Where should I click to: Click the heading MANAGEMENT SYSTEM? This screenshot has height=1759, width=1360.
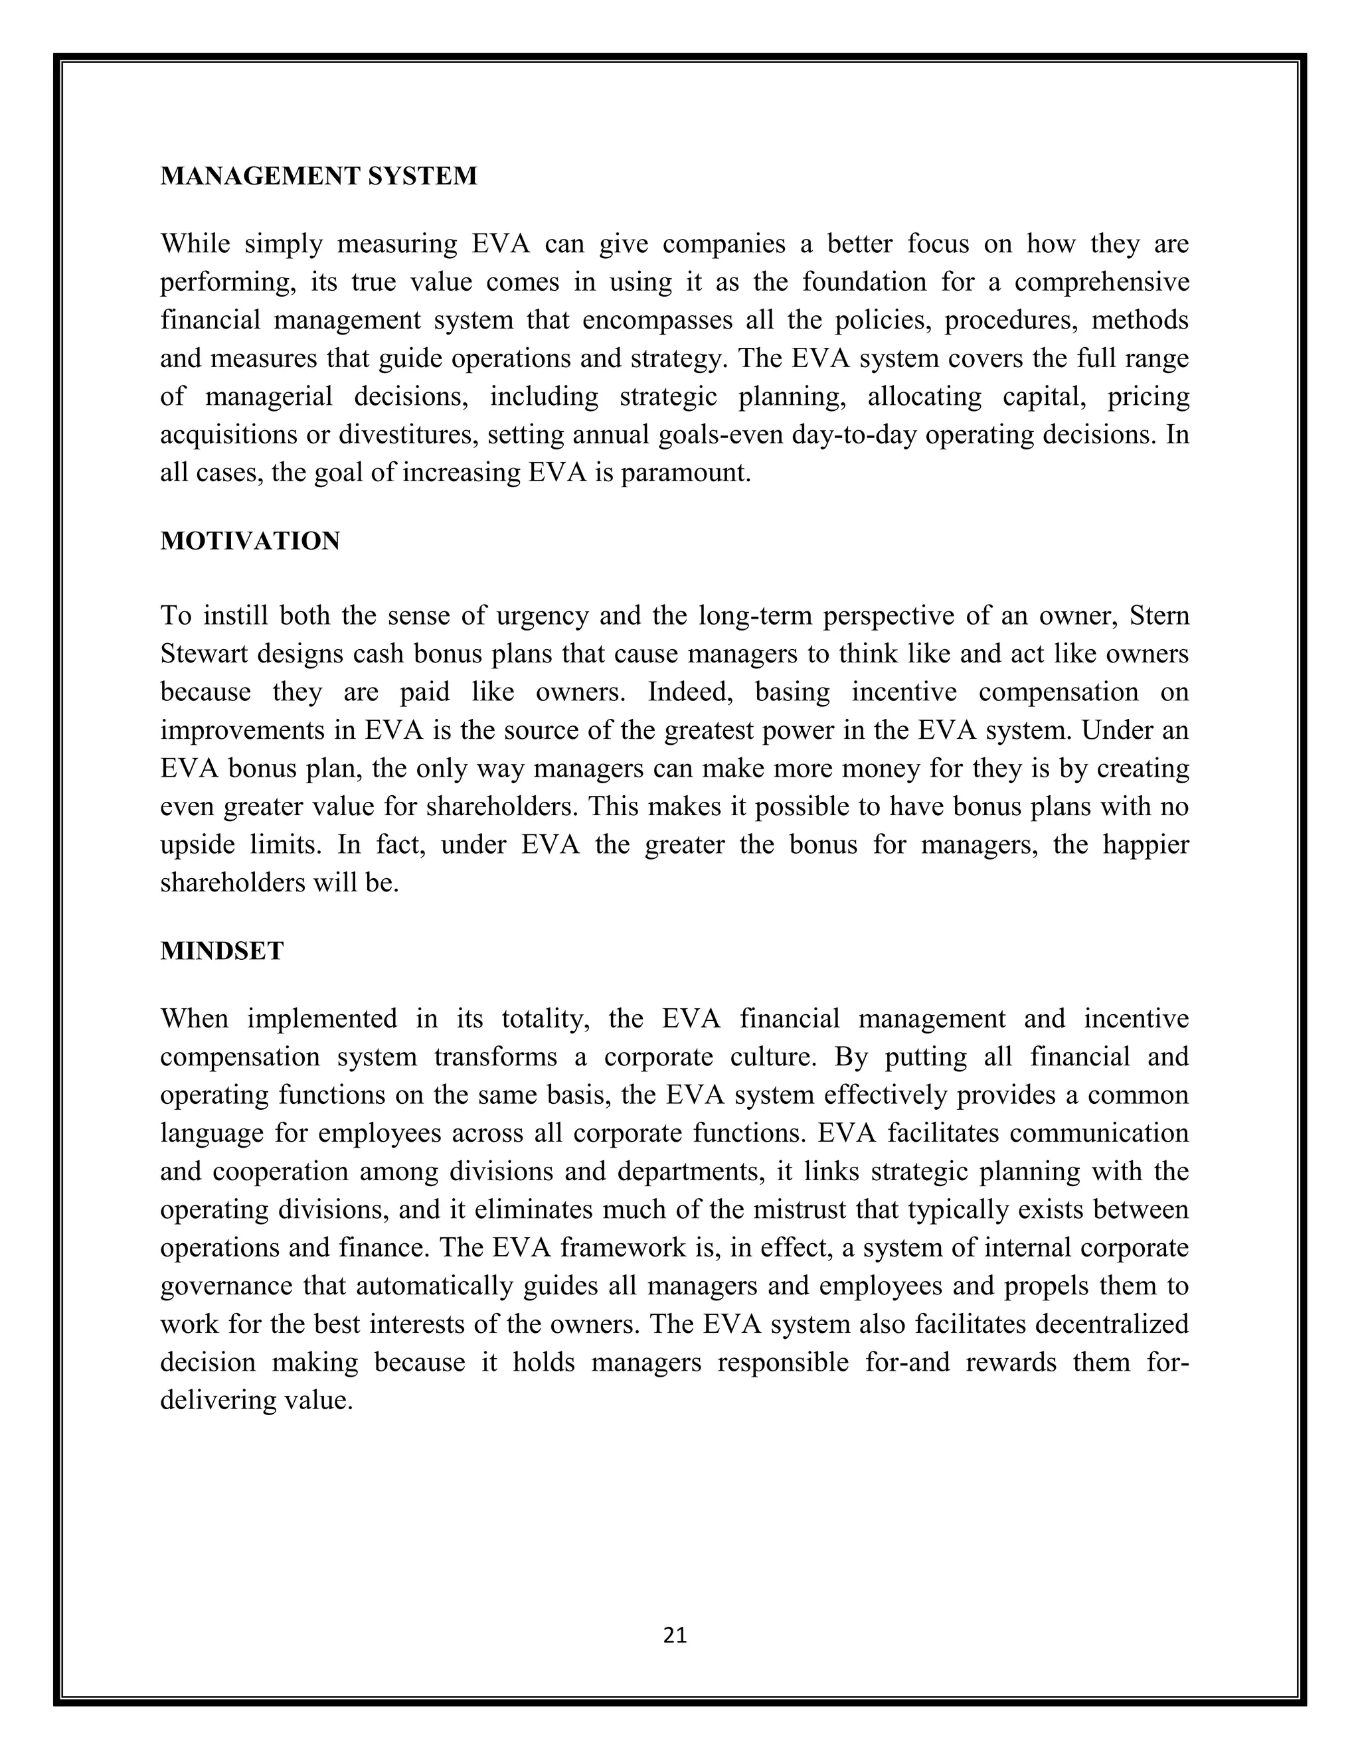pos(318,176)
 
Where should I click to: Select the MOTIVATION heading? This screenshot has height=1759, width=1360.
pos(250,541)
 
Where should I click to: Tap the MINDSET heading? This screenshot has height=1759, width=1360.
pos(222,951)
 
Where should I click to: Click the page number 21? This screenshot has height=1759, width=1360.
pos(675,1635)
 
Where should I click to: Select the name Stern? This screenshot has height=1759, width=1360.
pos(1159,616)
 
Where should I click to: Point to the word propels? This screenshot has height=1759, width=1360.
pos(1046,1286)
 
